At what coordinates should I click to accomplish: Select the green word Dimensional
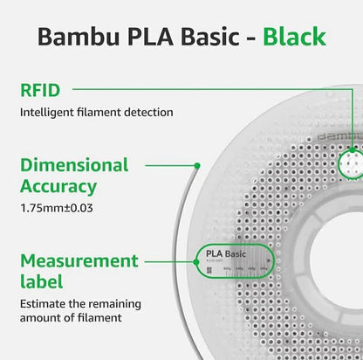click(x=74, y=165)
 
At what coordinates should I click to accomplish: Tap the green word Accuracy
click(x=59, y=186)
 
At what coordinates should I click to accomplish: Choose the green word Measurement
click(x=79, y=260)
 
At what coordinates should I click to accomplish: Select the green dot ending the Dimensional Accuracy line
click(x=199, y=164)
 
